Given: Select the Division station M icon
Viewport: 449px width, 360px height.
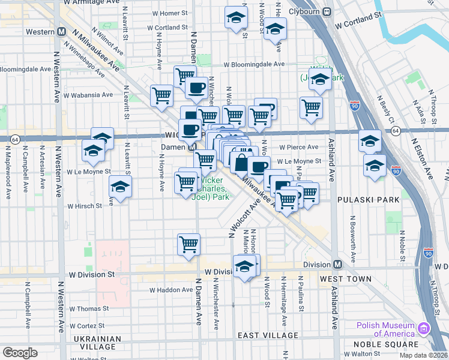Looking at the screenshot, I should click(337, 264).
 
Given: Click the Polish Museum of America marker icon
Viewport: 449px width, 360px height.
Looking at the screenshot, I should click(424, 329).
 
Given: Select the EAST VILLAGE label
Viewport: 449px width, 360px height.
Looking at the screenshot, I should click(268, 335).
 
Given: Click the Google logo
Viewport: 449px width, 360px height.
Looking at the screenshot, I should click(20, 353).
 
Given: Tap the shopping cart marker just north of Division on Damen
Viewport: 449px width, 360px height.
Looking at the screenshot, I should click(188, 244).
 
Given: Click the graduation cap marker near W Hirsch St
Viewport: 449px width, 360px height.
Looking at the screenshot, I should click(120, 188).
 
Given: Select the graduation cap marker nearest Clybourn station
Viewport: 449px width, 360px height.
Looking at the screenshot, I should click(275, 28).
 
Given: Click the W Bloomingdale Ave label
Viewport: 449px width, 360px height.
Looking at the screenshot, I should click(254, 64).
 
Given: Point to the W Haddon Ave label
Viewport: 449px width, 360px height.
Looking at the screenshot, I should click(171, 290).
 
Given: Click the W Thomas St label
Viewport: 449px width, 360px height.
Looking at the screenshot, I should click(89, 308).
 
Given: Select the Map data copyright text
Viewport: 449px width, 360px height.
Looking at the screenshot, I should click(423, 355).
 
